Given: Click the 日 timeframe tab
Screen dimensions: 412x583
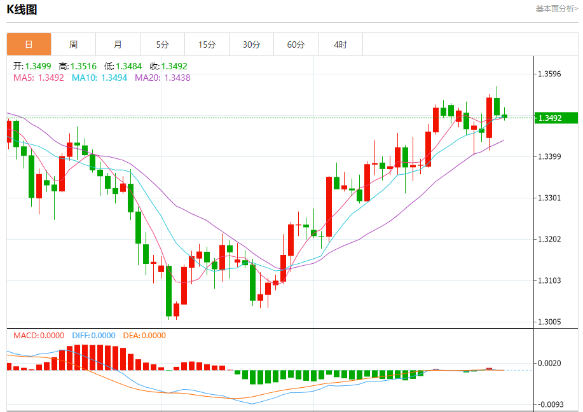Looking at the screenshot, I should click(x=29, y=45).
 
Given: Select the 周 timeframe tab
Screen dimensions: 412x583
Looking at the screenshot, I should click(x=73, y=45).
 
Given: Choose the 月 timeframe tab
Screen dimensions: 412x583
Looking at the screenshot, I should click(x=118, y=45).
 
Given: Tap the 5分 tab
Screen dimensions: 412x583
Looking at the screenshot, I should click(x=162, y=45).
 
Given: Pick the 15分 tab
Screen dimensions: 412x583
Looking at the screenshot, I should click(x=207, y=45).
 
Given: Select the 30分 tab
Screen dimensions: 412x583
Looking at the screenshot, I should click(x=251, y=45).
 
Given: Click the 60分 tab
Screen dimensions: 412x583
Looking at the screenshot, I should click(x=296, y=45).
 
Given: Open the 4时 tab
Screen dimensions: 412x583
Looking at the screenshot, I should click(x=340, y=45).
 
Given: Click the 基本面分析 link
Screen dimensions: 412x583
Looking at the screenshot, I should click(x=556, y=9).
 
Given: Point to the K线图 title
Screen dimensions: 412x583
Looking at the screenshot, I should click(x=22, y=10).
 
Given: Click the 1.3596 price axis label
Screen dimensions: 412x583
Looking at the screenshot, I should click(x=549, y=74).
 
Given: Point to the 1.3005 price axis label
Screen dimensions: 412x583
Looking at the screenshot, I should click(x=549, y=322).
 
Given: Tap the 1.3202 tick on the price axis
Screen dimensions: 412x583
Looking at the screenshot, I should click(x=549, y=239).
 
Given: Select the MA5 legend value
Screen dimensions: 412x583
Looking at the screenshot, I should click(x=38, y=78).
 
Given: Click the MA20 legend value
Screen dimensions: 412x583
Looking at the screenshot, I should click(x=162, y=78).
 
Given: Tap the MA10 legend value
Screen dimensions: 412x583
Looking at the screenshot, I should click(x=99, y=78).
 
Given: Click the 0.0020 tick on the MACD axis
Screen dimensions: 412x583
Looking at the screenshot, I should click(x=549, y=363).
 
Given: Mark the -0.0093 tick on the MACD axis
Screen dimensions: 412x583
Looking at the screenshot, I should click(x=549, y=404).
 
